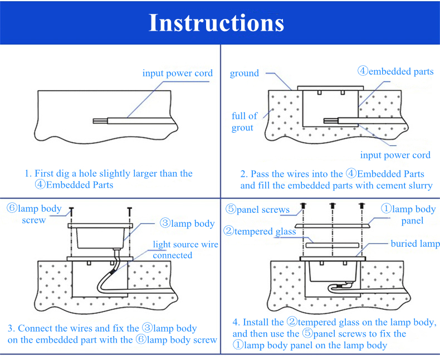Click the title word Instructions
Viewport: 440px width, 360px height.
[x=216, y=23]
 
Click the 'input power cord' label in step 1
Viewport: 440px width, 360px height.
[x=177, y=74]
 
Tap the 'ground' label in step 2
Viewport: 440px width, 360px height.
[x=245, y=73]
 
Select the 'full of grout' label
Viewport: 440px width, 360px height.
[x=244, y=121]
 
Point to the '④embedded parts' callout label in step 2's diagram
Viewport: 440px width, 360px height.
[x=395, y=71]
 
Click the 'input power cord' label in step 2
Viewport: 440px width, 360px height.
[x=395, y=155]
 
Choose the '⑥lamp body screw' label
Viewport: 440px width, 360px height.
[x=34, y=214]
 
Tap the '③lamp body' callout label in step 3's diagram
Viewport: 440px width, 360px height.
[x=187, y=223]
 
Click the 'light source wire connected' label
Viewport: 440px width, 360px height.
[x=185, y=250]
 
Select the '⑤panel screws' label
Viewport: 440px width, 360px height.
[x=257, y=210]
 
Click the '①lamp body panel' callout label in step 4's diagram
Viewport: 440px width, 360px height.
[x=408, y=215]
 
